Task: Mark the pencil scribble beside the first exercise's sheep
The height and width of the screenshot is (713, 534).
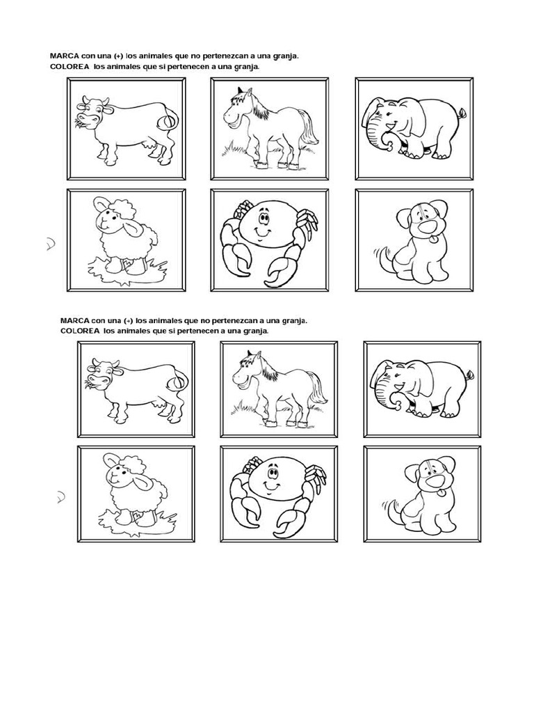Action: tap(50, 244)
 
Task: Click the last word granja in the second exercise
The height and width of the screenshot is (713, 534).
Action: tap(254, 331)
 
